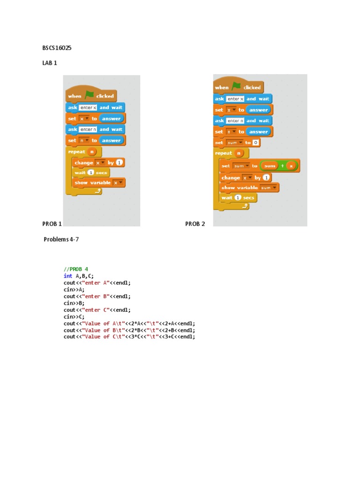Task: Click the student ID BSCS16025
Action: (57, 48)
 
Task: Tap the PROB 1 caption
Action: (52, 224)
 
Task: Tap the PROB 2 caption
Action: (195, 224)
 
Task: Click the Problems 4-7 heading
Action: (61, 240)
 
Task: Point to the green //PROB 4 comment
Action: (76, 269)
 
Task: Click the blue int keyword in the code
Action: (68, 276)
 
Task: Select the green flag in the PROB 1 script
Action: (89, 95)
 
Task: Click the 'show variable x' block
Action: (98, 183)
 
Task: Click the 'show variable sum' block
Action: (249, 187)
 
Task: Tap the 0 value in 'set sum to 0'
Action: (255, 142)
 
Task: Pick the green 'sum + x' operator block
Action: (279, 166)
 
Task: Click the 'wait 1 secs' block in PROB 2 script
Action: (238, 198)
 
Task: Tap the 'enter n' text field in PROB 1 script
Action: (88, 129)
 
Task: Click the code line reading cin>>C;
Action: (74, 316)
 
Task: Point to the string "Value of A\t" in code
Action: (104, 323)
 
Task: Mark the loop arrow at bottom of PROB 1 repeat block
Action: (97, 191)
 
